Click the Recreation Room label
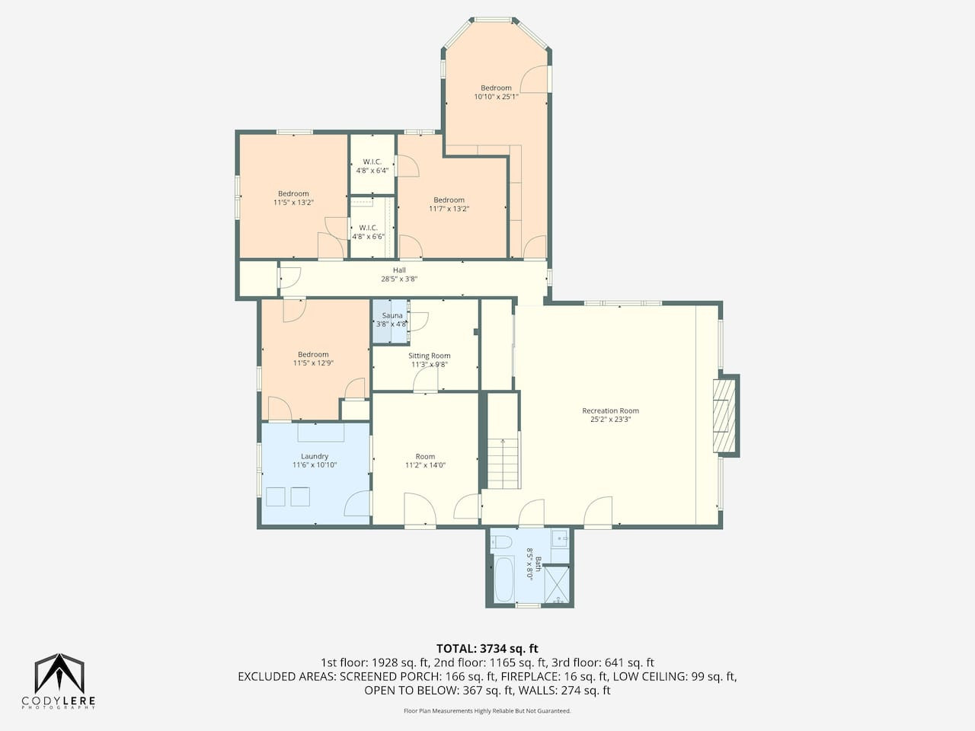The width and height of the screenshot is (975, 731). tap(610, 410)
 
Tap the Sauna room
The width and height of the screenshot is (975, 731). tap(390, 321)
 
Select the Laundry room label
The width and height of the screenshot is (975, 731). tap(315, 456)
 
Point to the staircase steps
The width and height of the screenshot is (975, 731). tap(503, 463)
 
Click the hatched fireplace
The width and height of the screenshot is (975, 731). tap(724, 416)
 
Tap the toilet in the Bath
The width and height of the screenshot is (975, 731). tap(501, 542)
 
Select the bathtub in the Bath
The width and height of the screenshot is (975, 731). tap(503, 579)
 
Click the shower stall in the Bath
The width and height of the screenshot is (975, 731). tap(557, 585)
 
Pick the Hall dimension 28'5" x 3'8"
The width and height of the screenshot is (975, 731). tap(399, 279)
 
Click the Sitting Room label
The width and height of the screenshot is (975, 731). tap(429, 356)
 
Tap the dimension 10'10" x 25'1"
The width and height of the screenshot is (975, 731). tap(496, 96)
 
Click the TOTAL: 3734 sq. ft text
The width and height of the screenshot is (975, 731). tap(487, 649)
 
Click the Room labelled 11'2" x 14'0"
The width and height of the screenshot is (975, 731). tap(425, 460)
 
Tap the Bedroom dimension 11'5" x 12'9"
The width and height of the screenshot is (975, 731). tap(313, 363)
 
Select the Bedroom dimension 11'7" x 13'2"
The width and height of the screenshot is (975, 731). tap(449, 209)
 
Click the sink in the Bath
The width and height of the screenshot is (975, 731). tap(560, 538)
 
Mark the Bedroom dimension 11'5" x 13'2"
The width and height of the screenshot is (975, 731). tap(293, 203)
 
